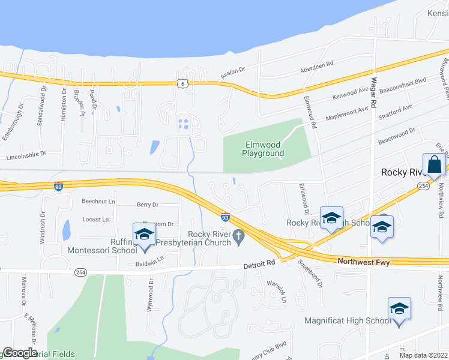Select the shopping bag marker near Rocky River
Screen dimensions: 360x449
pos(434,165)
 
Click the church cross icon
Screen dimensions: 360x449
pos(239,238)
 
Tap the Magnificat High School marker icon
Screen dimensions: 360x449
pos(399,309)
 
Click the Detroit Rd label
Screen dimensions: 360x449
pos(259,263)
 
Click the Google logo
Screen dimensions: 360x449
pos(20,353)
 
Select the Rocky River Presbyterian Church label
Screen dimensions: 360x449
pos(209,238)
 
